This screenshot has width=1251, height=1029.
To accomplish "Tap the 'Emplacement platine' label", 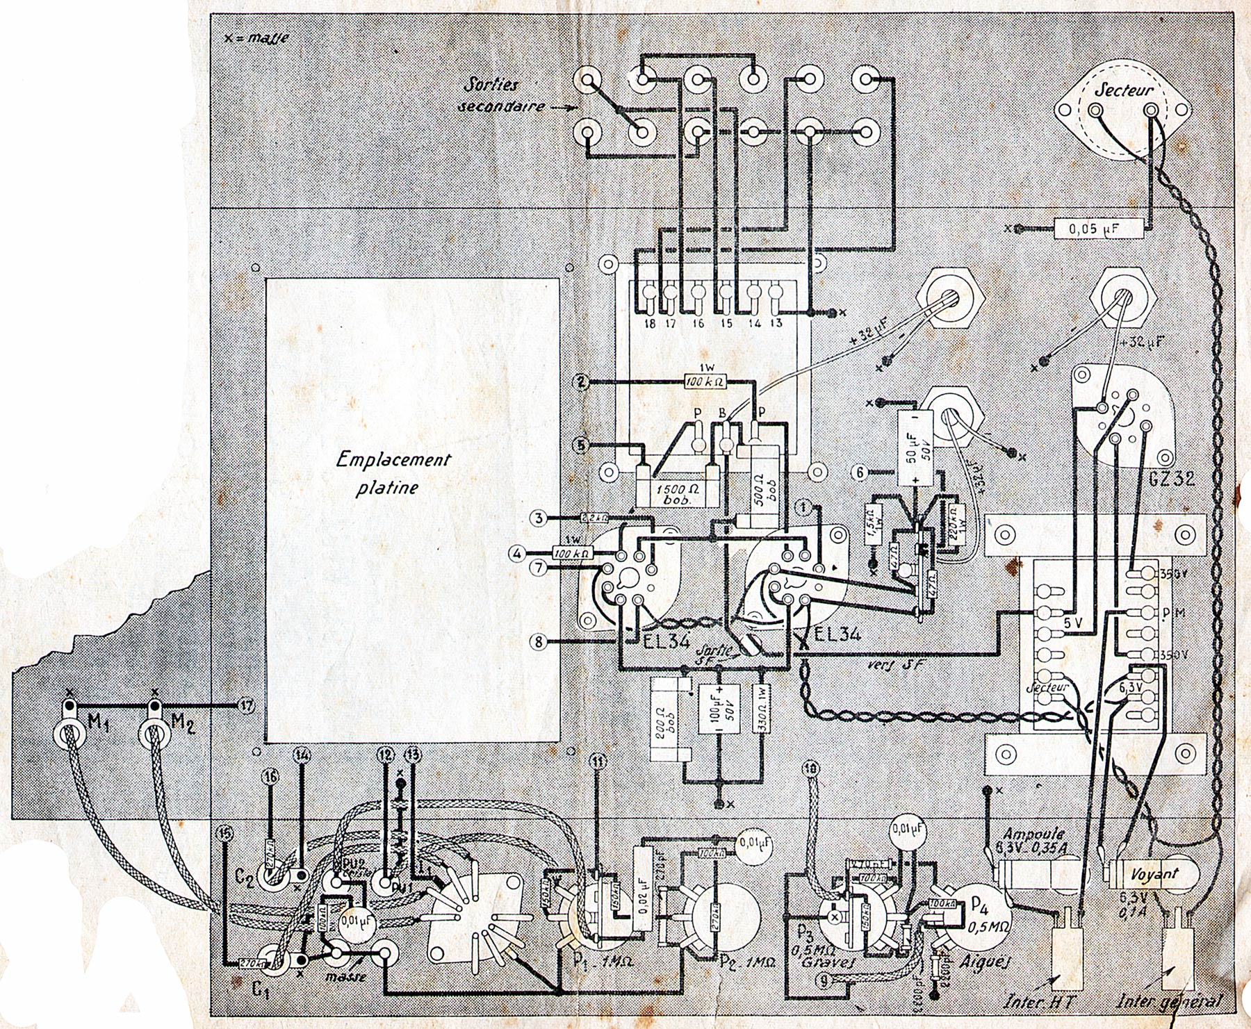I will [393, 472].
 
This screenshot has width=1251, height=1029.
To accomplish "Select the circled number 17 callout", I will [246, 705].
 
